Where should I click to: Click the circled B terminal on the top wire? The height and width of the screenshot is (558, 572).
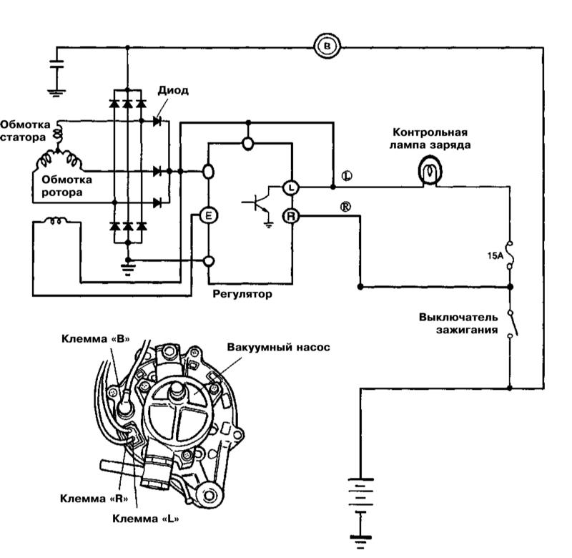328,47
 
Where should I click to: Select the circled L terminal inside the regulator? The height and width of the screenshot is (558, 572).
291,187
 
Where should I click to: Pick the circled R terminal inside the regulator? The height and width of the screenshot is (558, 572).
291,215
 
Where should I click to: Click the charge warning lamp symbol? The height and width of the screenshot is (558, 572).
428,171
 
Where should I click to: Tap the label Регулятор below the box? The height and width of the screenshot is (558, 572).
242,293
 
